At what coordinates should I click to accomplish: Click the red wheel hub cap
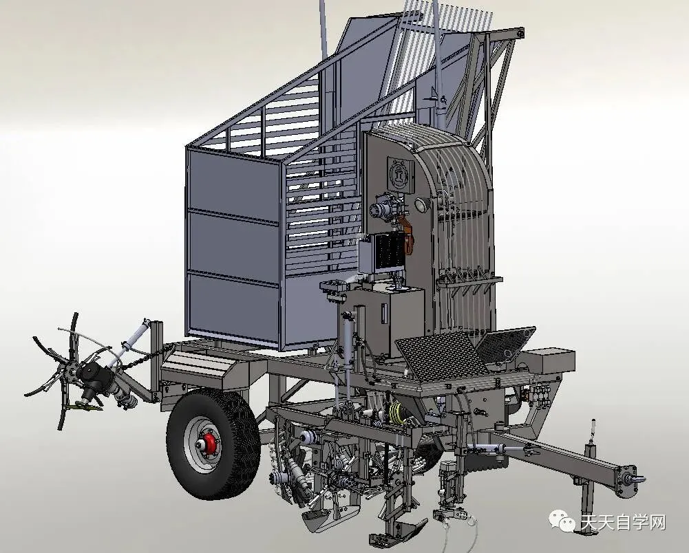(x=210, y=444)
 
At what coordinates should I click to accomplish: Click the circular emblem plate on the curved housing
(x=400, y=175)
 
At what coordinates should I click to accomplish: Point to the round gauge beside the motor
(x=421, y=204)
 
